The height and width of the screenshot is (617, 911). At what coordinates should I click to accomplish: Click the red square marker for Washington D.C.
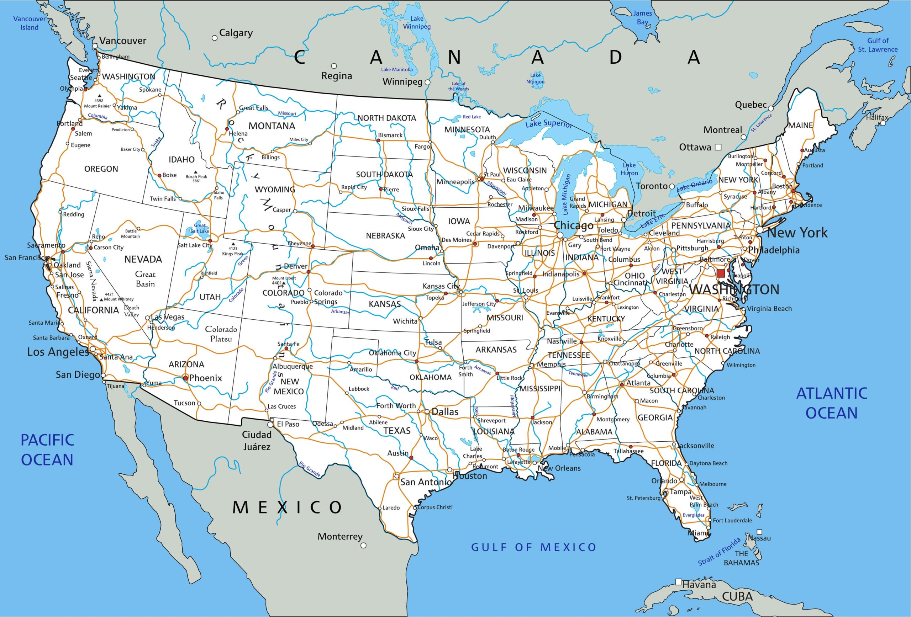tap(721, 273)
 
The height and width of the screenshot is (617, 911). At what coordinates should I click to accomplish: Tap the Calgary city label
tap(236, 33)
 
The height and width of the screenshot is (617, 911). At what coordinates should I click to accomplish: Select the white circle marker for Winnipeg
tap(427, 83)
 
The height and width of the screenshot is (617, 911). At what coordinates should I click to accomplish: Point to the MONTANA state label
tap(272, 126)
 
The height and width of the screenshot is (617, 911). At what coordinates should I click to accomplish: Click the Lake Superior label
tap(548, 124)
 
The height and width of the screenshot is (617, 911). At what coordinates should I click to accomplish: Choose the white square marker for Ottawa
tap(718, 147)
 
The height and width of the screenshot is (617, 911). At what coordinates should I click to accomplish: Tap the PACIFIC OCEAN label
tap(47, 450)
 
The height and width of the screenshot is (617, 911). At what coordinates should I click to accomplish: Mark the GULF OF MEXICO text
tap(533, 547)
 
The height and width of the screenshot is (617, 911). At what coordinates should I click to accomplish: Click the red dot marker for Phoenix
tap(185, 378)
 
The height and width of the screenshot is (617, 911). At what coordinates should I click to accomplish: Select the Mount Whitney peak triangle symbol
tap(101, 299)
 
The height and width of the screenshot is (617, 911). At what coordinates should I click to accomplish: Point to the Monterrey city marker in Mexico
tap(363, 545)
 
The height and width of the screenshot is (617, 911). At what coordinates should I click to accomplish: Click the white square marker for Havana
tap(679, 582)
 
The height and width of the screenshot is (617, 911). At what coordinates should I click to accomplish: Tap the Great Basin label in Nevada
tap(145, 279)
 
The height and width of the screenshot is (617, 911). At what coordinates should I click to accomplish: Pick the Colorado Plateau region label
tap(221, 334)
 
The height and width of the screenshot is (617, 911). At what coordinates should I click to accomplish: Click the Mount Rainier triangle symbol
tap(100, 96)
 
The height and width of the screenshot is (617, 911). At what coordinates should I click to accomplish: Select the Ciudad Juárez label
tap(257, 440)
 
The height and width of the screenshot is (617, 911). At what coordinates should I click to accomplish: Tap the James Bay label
tap(642, 18)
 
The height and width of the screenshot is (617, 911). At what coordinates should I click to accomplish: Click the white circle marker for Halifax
tap(883, 123)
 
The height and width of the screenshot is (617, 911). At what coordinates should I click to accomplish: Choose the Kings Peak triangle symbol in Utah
tap(233, 244)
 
